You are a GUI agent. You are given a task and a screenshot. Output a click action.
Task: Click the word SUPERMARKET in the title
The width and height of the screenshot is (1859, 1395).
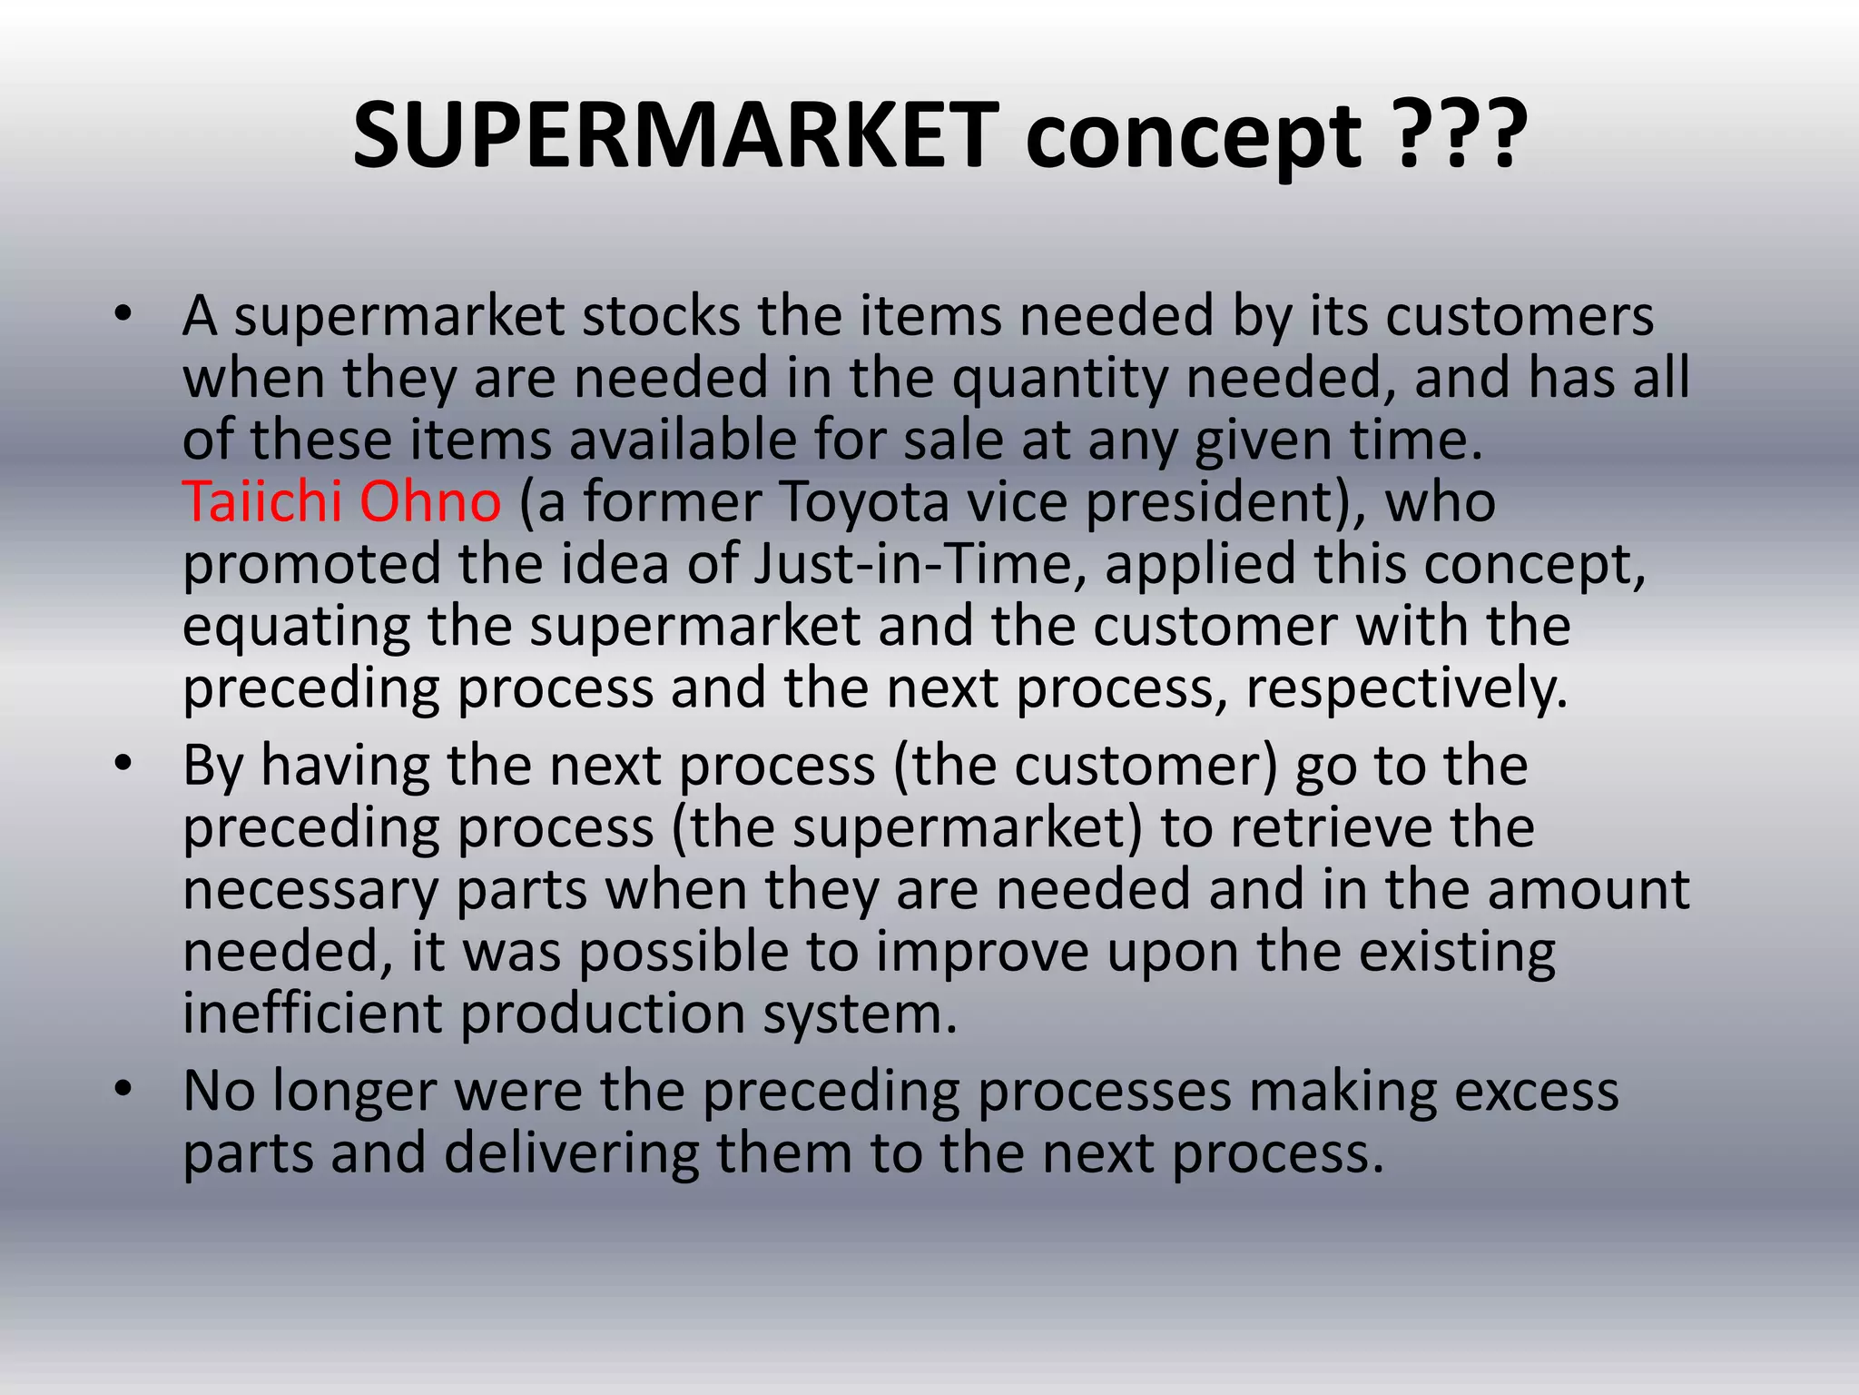tap(676, 136)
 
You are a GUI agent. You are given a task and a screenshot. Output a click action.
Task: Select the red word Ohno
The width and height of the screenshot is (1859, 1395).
tap(430, 501)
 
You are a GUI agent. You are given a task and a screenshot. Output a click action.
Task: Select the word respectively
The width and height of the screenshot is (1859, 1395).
tap(1407, 688)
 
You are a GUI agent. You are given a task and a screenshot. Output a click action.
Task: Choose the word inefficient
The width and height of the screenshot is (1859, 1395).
tap(312, 1013)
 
